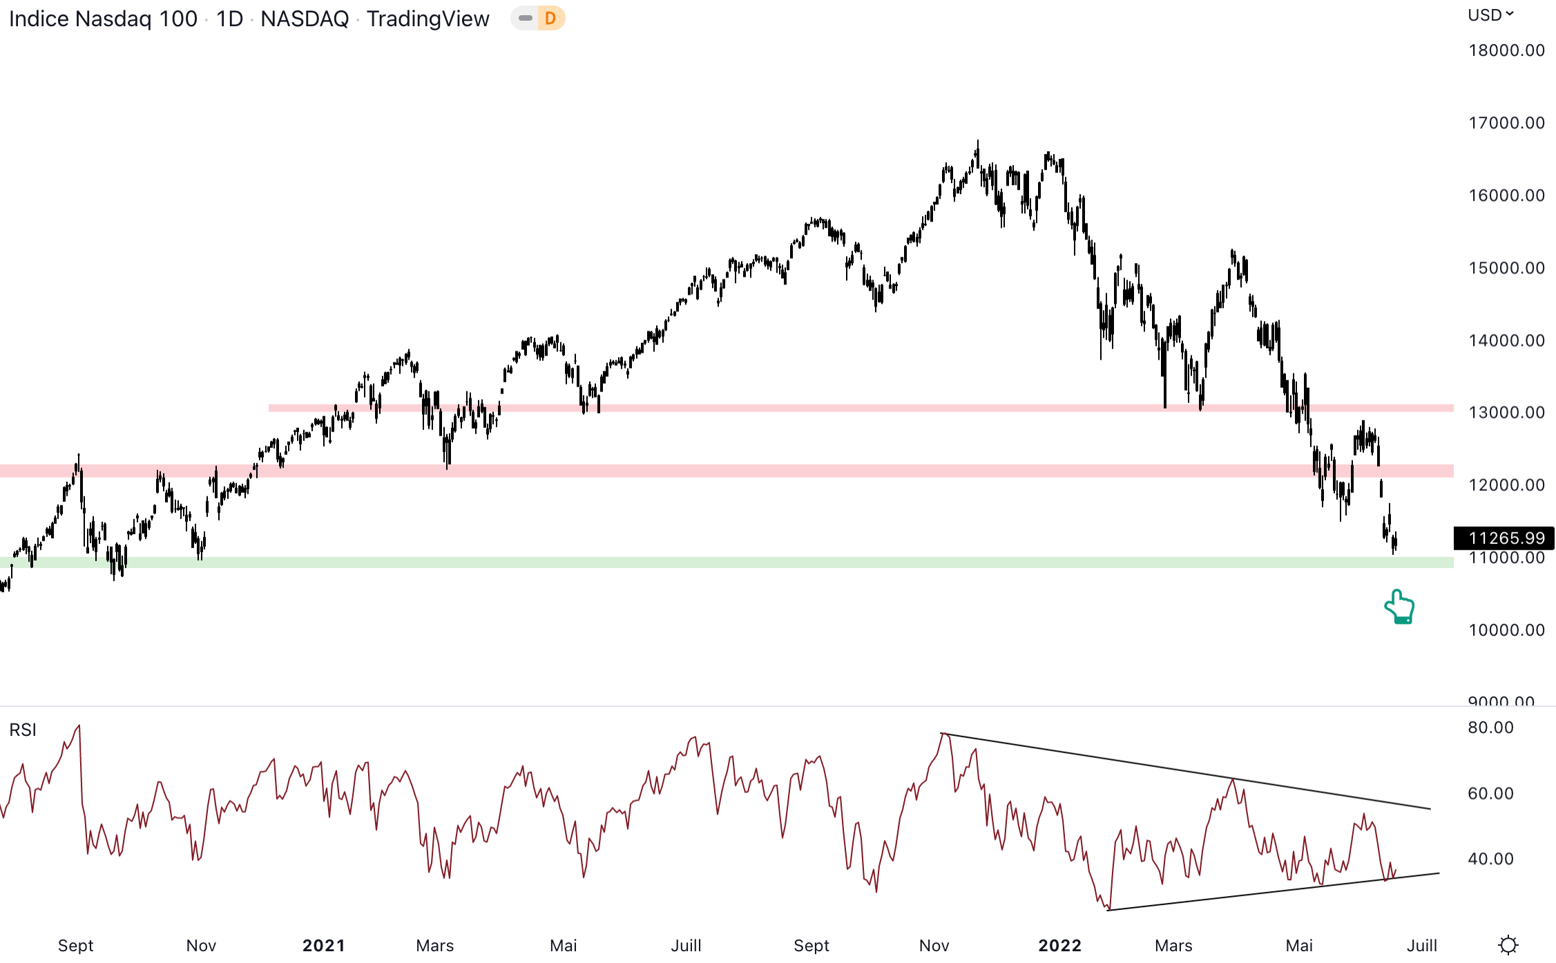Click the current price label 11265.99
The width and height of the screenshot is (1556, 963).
pos(1506,538)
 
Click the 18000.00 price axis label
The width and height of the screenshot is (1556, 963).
pos(1506,50)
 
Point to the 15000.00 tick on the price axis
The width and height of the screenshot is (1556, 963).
pos(1506,268)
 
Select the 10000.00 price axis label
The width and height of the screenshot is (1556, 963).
pos(1506,630)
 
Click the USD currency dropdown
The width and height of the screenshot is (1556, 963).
pos(1490,15)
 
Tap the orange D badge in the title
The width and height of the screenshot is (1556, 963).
pos(550,19)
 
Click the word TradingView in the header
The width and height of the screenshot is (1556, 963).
pos(428,19)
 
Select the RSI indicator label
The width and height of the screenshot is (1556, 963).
pos(23,730)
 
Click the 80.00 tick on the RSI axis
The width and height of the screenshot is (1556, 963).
pos(1490,728)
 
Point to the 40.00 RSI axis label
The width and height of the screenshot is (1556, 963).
pos(1490,859)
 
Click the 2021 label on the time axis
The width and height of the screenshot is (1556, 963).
pos(323,945)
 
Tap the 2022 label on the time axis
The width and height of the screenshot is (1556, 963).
pos(1059,945)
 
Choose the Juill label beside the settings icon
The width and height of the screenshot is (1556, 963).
pos(1422,945)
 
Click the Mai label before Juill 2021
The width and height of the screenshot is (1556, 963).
pos(563,945)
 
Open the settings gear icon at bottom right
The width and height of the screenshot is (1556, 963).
pos(1508,945)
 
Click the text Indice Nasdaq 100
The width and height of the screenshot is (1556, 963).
pos(104,19)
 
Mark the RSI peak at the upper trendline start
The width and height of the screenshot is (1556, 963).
pos(943,734)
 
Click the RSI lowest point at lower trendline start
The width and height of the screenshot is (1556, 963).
pos(1108,909)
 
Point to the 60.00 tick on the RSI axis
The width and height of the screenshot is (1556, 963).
pos(1490,793)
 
